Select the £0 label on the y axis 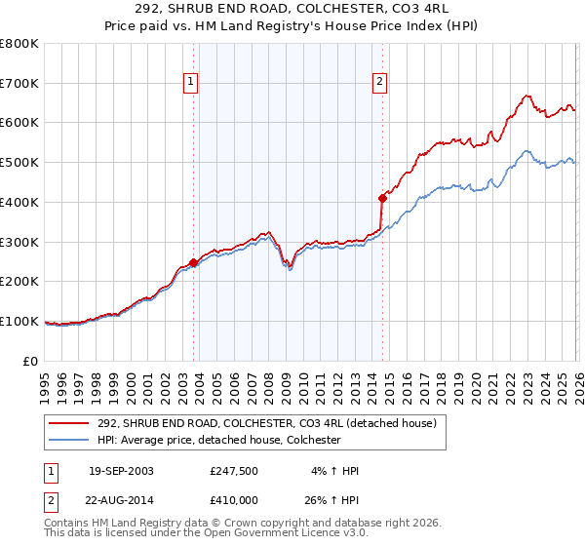coord(31,361)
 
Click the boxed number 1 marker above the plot coord(192,83)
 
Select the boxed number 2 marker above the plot coord(379,83)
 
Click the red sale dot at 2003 coord(194,262)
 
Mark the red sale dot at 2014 coord(382,198)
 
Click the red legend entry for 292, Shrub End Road coord(272,422)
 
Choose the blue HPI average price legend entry coord(231,440)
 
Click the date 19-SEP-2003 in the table coord(121,471)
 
